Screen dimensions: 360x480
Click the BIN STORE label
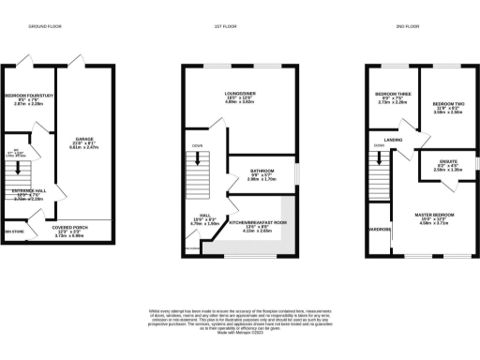click(14, 231)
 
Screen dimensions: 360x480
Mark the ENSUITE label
click(441, 161)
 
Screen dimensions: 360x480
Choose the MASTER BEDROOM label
click(435, 216)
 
